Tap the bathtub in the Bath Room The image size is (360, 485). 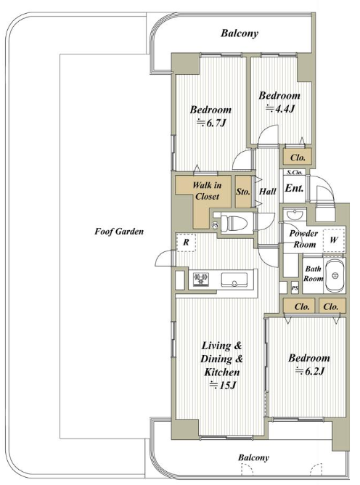tap(335, 275)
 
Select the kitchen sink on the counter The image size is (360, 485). tap(234, 280)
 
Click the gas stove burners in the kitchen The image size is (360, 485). tap(200, 280)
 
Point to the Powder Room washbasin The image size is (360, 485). tap(295, 214)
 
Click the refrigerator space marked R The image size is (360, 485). tap(186, 242)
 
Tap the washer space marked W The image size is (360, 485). tap(333, 240)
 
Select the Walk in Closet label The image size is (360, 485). tap(207, 191)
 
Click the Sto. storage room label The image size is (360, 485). tap(243, 192)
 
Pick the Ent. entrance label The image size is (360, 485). tap(294, 188)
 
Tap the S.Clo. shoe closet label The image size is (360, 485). tap(294, 172)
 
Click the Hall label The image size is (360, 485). tap(268, 192)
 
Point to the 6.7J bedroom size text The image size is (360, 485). tap(211, 123)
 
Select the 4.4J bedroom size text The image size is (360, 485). tap(279, 109)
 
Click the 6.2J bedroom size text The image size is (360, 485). tap(310, 371)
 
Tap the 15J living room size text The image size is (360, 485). tap(223, 386)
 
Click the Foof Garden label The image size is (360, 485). tap(119, 232)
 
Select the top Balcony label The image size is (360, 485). tap(240, 33)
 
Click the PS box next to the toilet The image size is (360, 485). tap(215, 225)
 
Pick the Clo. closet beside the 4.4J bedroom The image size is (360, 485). tap(298, 157)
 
